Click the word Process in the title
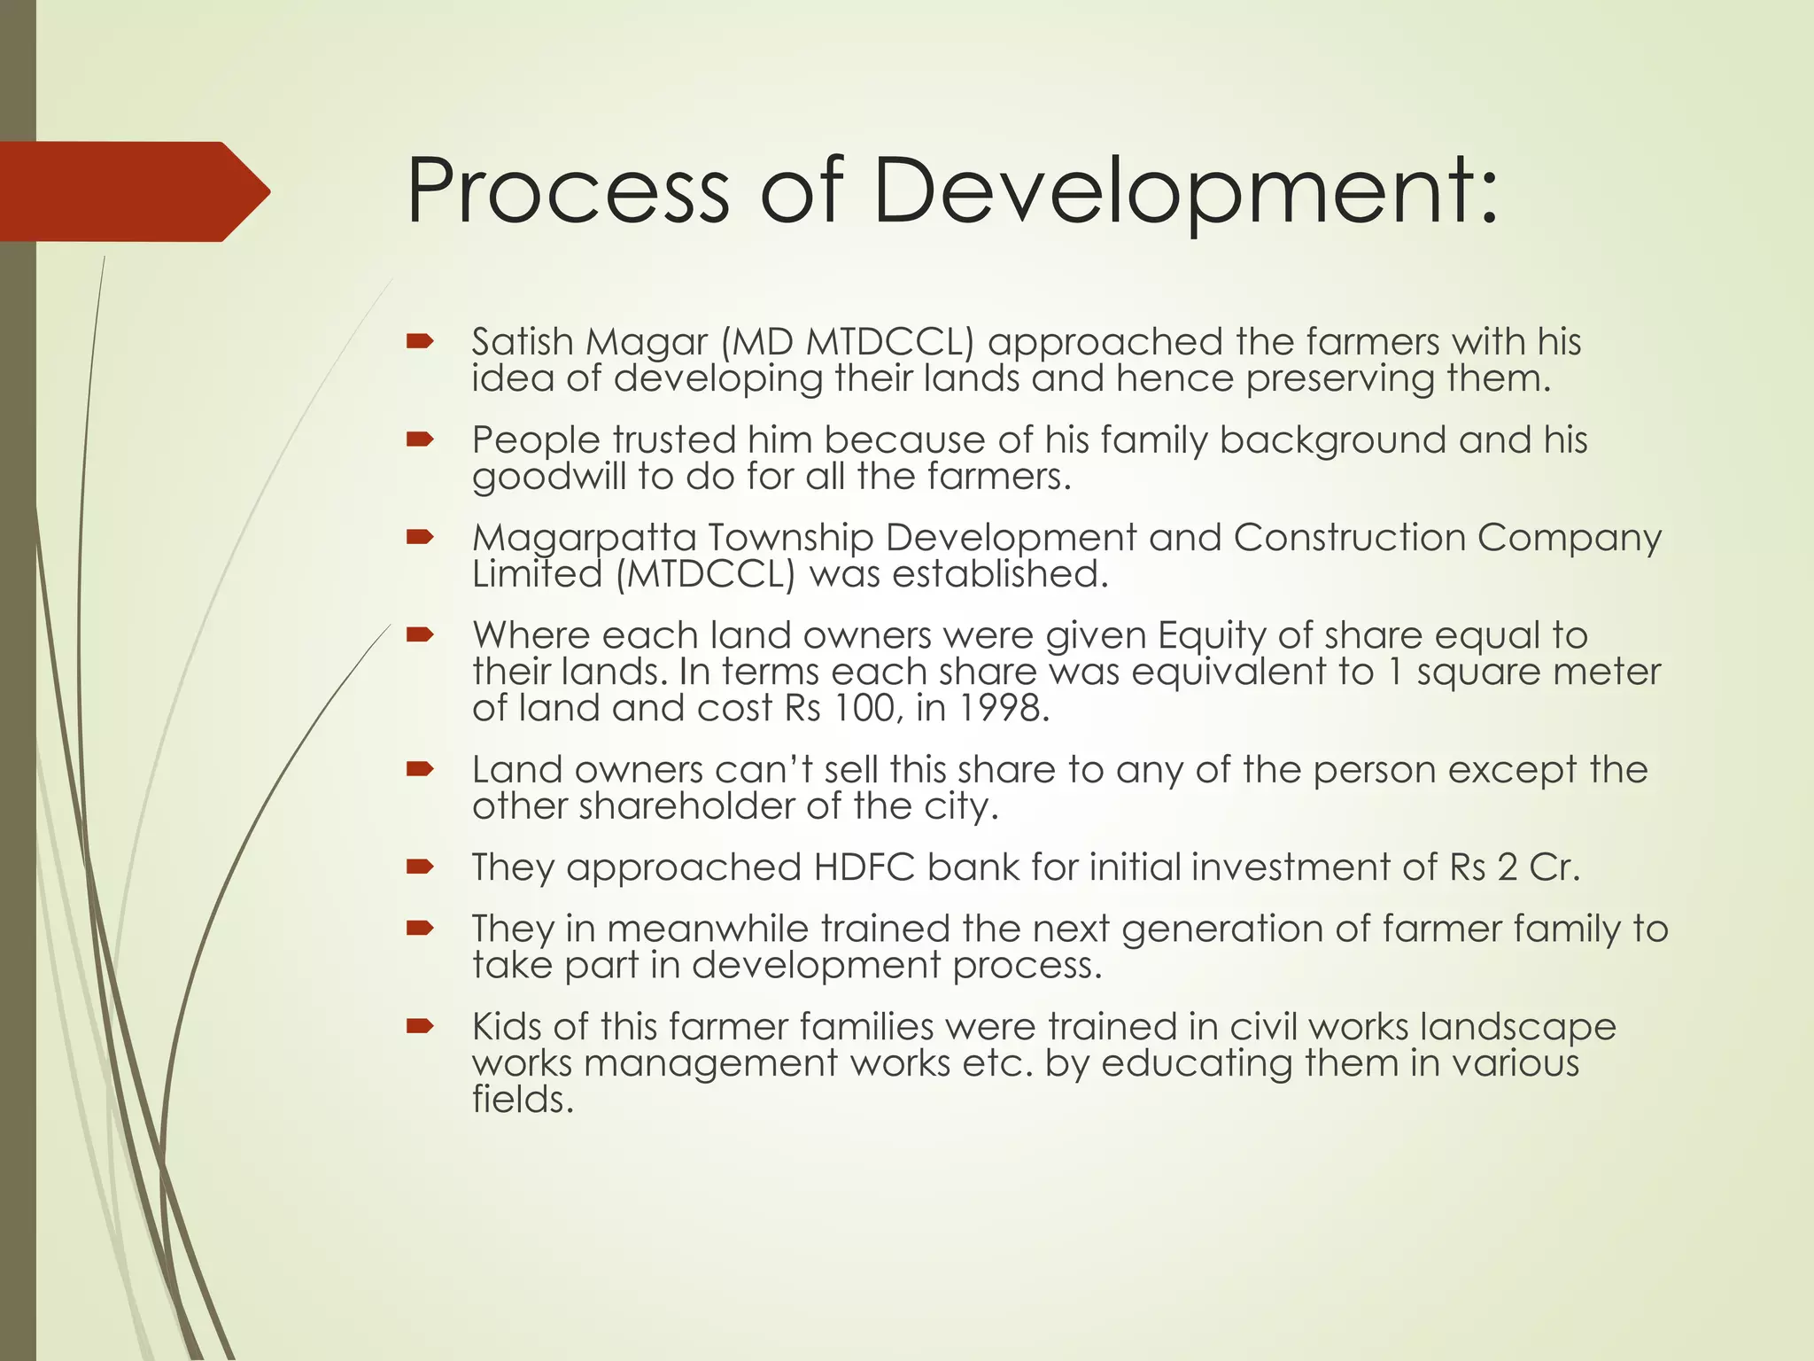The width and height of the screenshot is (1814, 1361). coord(568,191)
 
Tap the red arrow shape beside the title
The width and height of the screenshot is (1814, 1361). coord(133,191)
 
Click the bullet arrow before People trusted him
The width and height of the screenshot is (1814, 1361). coord(419,439)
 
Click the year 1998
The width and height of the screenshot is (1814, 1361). coord(1001,708)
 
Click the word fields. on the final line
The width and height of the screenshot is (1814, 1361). coord(523,1100)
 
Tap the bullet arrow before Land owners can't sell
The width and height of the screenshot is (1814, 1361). coord(419,769)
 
